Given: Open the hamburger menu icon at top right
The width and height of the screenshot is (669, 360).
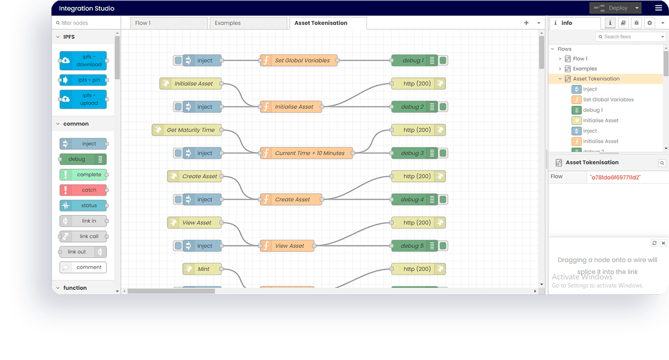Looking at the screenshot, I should pyautogui.click(x=658, y=8).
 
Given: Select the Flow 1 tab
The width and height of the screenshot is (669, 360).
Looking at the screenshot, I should pyautogui.click(x=164, y=23).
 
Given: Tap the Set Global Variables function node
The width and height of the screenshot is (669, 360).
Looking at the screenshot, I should pyautogui.click(x=299, y=61).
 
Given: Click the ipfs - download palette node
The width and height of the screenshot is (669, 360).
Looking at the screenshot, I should pyautogui.click(x=83, y=61).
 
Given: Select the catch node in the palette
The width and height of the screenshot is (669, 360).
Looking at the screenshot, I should pyautogui.click(x=83, y=190).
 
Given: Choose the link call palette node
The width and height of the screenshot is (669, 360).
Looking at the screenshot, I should pyautogui.click(x=83, y=237).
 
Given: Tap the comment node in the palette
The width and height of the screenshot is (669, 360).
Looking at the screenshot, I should pyautogui.click(x=83, y=267).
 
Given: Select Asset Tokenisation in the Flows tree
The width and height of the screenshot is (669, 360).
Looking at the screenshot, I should pyautogui.click(x=596, y=79).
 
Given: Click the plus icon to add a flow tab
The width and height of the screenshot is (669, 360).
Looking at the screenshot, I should pyautogui.click(x=526, y=23).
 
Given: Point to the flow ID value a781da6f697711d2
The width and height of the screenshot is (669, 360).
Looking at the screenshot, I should pyautogui.click(x=615, y=177).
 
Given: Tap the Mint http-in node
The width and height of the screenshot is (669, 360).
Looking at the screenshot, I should pyautogui.click(x=203, y=269).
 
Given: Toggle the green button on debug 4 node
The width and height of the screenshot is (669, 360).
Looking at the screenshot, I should pyautogui.click(x=443, y=200).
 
